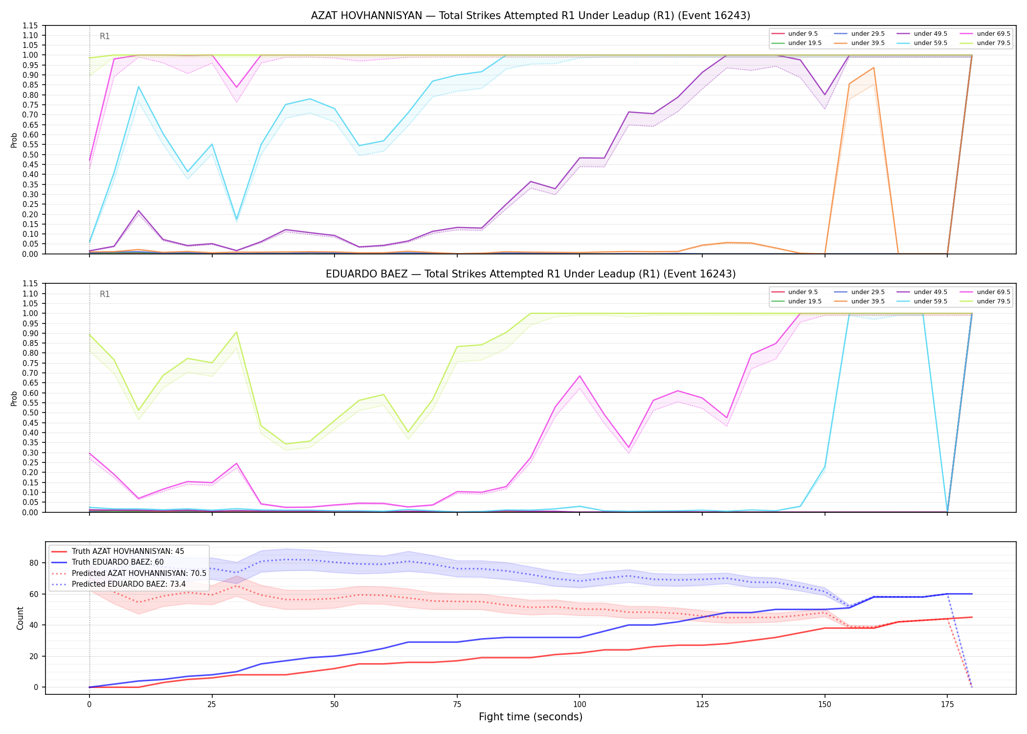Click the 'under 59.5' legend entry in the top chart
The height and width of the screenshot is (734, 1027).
[x=921, y=43]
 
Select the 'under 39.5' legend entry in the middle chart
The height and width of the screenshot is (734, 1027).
[x=859, y=301]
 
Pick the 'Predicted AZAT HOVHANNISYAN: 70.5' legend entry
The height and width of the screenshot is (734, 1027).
[x=129, y=573]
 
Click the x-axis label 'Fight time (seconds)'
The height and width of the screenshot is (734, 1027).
[x=531, y=717]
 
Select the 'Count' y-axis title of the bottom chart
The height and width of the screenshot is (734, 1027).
[x=20, y=618]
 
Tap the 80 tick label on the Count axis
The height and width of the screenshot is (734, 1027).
[x=34, y=563]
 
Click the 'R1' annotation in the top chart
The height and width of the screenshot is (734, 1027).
[x=105, y=36]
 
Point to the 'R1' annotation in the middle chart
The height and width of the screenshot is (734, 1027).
[x=105, y=294]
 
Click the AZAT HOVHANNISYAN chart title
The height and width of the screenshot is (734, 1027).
[x=531, y=16]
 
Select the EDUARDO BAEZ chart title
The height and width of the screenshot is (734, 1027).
[x=531, y=274]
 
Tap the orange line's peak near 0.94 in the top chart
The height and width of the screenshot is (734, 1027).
[x=873, y=68]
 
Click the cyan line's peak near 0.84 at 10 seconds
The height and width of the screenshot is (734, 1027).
[x=138, y=87]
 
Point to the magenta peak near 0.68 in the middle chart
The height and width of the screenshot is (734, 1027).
[x=580, y=376]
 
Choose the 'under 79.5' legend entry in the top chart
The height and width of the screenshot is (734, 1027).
[x=984, y=43]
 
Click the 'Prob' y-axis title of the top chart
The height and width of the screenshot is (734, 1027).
[x=14, y=140]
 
